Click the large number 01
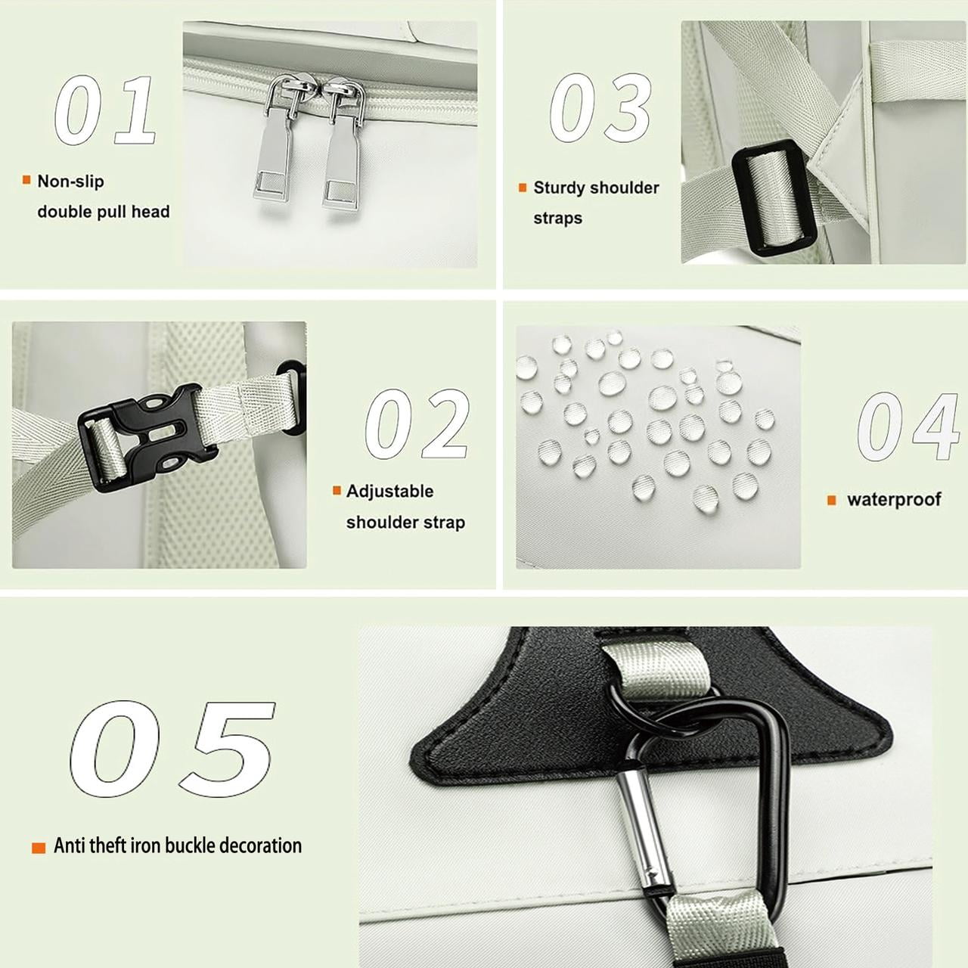(x=104, y=110)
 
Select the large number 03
(x=600, y=107)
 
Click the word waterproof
(x=894, y=499)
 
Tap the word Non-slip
(x=71, y=181)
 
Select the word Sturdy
(x=559, y=188)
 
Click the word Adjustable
(x=389, y=491)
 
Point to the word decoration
(x=261, y=845)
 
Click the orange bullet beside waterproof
(x=832, y=501)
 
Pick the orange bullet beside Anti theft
(x=39, y=848)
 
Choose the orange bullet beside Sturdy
(x=523, y=188)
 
